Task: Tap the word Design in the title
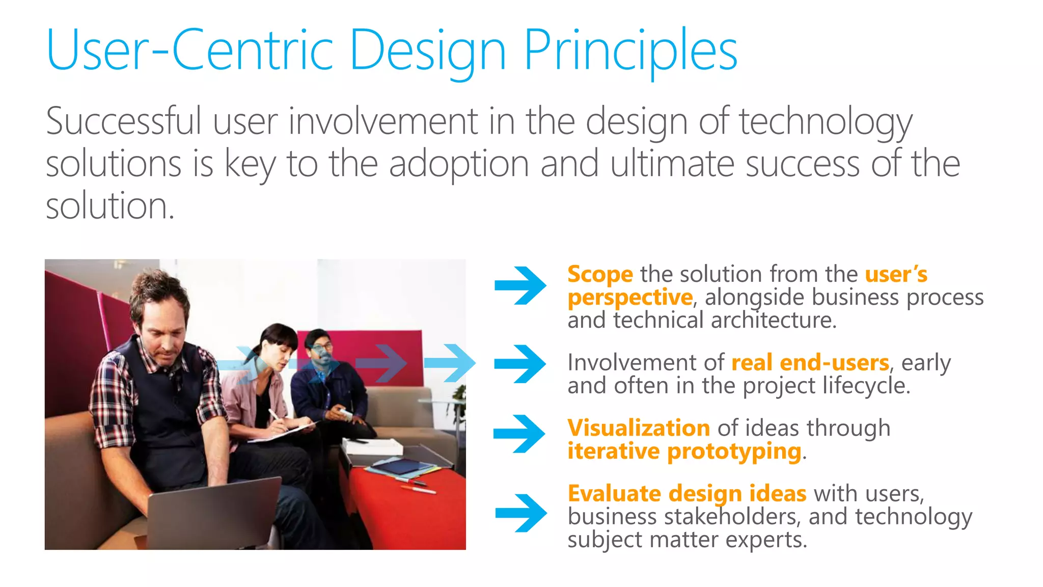(x=428, y=51)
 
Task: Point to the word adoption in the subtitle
(x=459, y=164)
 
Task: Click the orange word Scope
(x=600, y=274)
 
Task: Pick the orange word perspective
(x=630, y=298)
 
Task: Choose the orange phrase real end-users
(x=810, y=363)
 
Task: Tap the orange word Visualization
(x=639, y=428)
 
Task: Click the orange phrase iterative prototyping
(x=684, y=451)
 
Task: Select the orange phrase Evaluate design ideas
(x=687, y=493)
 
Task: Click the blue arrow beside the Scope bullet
(x=520, y=285)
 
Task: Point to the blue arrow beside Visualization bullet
(x=519, y=434)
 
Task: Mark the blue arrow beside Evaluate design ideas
(x=521, y=513)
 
